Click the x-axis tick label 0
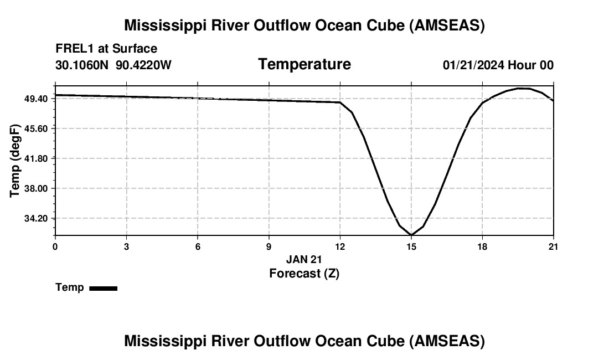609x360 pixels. [55, 246]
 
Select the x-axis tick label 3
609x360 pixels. [126, 246]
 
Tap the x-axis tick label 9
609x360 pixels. [269, 246]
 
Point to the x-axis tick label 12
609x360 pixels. [340, 246]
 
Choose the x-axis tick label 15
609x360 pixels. [411, 246]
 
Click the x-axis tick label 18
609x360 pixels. [483, 246]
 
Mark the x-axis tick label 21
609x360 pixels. [554, 246]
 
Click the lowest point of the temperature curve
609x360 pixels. [411, 235]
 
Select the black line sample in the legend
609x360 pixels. [103, 288]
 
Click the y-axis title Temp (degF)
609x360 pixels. [16, 161]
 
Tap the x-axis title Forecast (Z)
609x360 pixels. [304, 273]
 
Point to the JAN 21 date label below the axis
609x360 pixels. [304, 259]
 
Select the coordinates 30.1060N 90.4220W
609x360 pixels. [113, 65]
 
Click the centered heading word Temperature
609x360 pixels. [304, 64]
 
